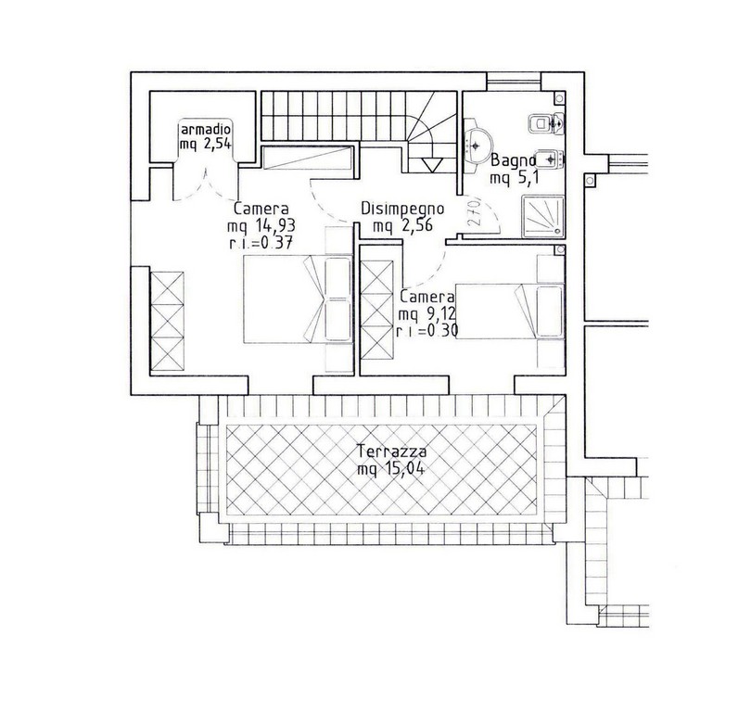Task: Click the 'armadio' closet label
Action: pyautogui.click(x=206, y=129)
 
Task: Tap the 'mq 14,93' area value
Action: pyautogui.click(x=261, y=225)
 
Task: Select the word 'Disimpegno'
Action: pyautogui.click(x=402, y=210)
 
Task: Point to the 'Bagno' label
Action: pyautogui.click(x=513, y=160)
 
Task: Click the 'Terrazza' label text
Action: pyautogui.click(x=392, y=451)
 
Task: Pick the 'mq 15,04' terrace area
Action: pyautogui.click(x=391, y=469)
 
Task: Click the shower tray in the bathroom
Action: pyautogui.click(x=543, y=216)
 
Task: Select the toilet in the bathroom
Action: pyautogui.click(x=546, y=123)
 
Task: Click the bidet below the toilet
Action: pyautogui.click(x=548, y=159)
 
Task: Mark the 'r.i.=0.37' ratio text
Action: pyautogui.click(x=261, y=243)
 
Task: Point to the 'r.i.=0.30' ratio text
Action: pyautogui.click(x=427, y=331)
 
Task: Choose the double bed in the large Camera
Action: pyautogui.click(x=298, y=299)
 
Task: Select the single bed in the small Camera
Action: pyautogui.click(x=510, y=311)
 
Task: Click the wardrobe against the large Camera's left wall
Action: pyautogui.click(x=167, y=321)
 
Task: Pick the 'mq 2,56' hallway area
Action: pyautogui.click(x=402, y=225)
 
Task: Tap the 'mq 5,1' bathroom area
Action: pyautogui.click(x=515, y=179)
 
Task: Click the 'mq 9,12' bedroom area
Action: pyautogui.click(x=426, y=314)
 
